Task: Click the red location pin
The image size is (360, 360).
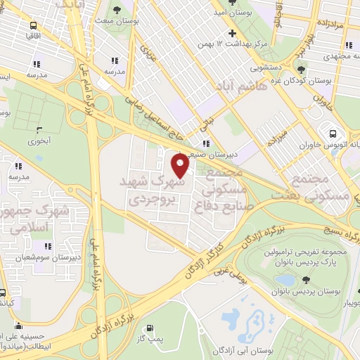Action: coord(181,167)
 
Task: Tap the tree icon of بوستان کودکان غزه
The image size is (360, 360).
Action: coord(302,69)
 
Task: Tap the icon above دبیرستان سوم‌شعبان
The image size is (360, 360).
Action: coord(48,246)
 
